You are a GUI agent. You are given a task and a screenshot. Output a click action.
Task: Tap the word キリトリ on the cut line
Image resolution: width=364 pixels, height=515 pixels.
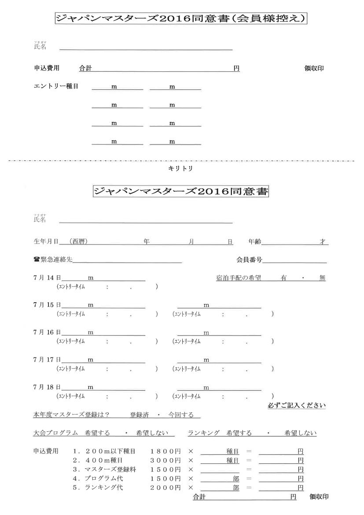(180, 168)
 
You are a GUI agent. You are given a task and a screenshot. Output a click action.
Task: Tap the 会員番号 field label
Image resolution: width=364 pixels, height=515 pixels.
(250, 260)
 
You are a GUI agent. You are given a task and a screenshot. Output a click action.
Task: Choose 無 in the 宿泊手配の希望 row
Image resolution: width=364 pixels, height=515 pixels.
(322, 278)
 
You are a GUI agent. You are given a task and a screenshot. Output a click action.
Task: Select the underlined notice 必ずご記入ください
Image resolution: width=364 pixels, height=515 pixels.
(297, 405)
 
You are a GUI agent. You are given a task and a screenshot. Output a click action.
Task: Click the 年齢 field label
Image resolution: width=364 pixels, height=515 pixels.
(254, 241)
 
